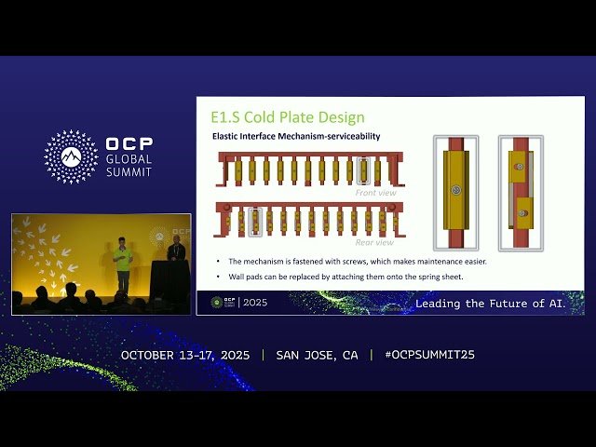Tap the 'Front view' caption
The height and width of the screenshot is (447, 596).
pyautogui.click(x=375, y=193)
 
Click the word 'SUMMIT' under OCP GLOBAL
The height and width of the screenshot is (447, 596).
pyautogui.click(x=129, y=172)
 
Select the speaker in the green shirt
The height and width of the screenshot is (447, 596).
pyautogui.click(x=122, y=264)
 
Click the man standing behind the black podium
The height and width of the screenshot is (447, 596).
pyautogui.click(x=174, y=250)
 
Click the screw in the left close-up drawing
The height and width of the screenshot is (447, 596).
pyautogui.click(x=454, y=190)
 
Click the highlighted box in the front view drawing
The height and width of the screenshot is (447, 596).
pyautogui.click(x=364, y=171)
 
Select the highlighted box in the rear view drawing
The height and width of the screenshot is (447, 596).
pyautogui.click(x=254, y=220)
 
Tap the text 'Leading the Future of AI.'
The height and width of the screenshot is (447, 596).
pyautogui.click(x=490, y=304)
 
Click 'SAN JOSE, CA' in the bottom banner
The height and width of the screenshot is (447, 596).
pyautogui.click(x=317, y=355)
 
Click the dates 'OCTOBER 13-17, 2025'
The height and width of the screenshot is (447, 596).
pyautogui.click(x=187, y=355)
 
